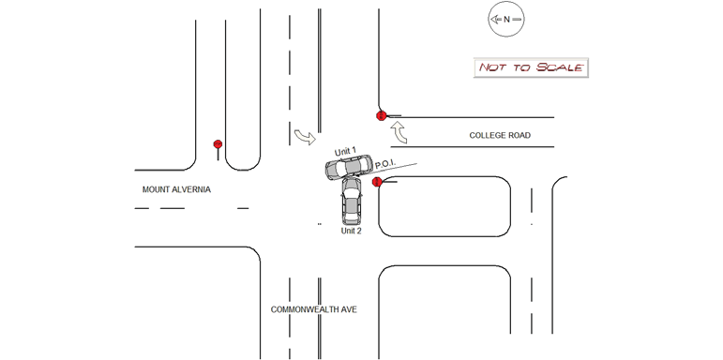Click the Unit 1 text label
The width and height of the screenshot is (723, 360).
click(345, 151)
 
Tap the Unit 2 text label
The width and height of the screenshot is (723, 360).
click(351, 231)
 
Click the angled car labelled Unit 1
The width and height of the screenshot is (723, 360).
click(349, 167)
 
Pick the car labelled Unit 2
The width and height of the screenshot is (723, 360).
click(352, 198)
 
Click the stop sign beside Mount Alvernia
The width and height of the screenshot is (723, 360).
click(218, 144)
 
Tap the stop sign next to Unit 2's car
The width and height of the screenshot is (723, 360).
click(377, 182)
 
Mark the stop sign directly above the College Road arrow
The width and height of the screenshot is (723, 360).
click(381, 115)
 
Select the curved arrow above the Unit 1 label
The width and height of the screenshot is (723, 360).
click(306, 137)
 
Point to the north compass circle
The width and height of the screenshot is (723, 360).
click(506, 20)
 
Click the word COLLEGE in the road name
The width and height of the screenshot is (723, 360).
click(485, 136)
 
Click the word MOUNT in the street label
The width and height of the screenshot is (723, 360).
click(155, 189)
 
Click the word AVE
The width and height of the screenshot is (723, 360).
click(350, 309)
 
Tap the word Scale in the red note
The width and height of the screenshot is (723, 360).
click(560, 67)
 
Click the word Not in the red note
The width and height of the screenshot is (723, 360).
click(492, 67)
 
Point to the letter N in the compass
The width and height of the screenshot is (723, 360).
click(506, 20)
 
